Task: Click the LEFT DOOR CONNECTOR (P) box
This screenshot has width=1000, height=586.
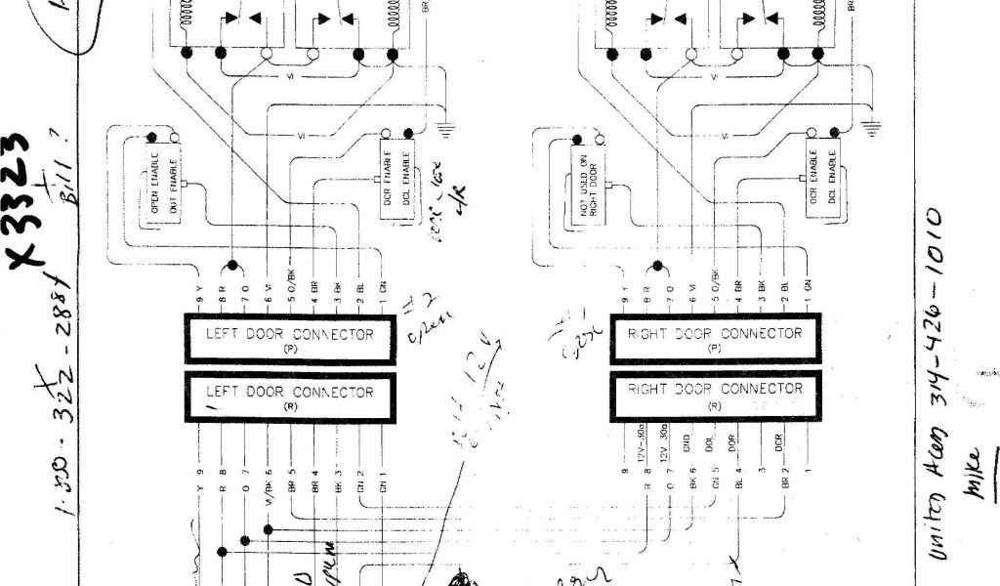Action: (x=290, y=338)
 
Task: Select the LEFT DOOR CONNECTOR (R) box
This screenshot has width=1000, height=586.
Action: (x=290, y=396)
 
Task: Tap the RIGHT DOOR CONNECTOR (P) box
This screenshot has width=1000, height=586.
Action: (x=715, y=338)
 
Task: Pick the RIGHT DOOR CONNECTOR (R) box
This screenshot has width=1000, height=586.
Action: (x=715, y=394)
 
